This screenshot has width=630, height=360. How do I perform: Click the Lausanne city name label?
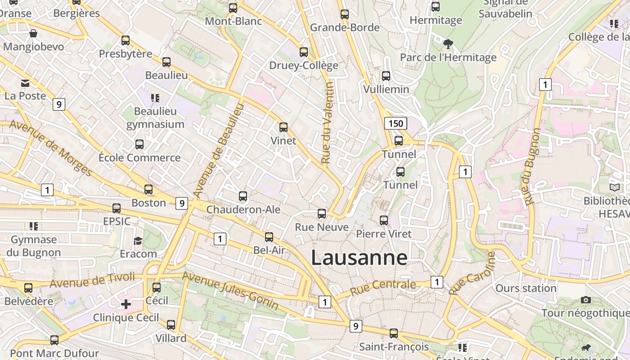tap(359, 257)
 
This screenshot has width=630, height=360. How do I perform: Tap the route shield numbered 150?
tap(396, 123)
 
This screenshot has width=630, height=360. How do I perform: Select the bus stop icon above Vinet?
tap(283, 127)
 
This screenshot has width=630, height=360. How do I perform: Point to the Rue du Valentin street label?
tap(327, 122)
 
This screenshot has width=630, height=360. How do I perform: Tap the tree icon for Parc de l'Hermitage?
tap(448, 44)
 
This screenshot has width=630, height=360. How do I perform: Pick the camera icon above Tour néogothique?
tap(585, 300)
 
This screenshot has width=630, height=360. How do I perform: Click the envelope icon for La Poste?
tap(25, 83)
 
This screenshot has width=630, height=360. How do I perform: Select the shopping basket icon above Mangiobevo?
tap(33, 33)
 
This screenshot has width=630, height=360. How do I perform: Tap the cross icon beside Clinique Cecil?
tap(126, 304)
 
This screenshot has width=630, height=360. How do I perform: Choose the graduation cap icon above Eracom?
tap(138, 241)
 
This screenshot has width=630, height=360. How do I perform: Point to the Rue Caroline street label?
tap(472, 273)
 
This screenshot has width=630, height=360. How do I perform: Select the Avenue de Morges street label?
tap(50, 148)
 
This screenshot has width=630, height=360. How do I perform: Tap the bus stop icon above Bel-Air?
tap(269, 237)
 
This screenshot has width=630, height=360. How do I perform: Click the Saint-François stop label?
tap(394, 346)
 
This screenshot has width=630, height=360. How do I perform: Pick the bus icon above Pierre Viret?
tap(383, 220)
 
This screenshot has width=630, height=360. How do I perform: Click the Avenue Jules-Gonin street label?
tap(230, 290)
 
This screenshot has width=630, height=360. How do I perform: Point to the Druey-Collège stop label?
tap(304, 65)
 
